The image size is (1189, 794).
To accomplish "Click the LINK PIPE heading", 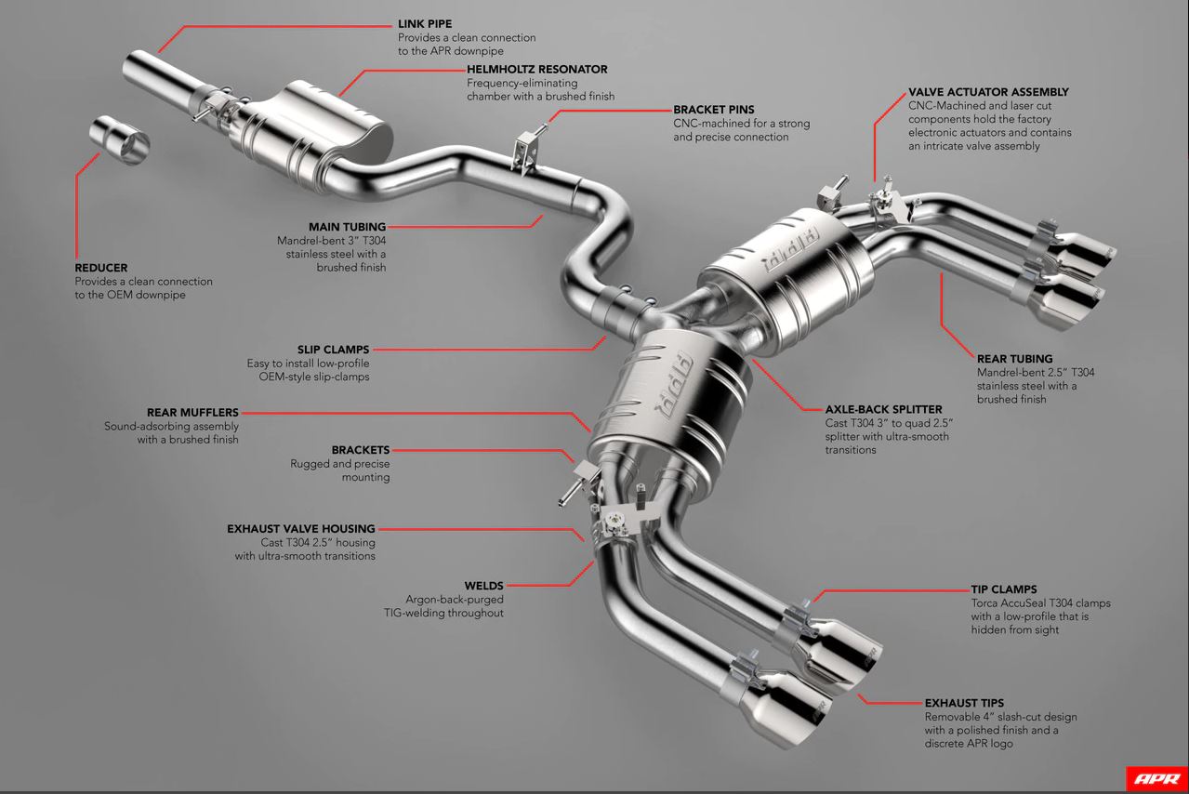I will pos(425,24).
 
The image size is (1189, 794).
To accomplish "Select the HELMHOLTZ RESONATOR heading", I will pos(536,69).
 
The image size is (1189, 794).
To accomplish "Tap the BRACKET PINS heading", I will pos(714,110).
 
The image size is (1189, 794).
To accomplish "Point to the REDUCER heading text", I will pos(101,268).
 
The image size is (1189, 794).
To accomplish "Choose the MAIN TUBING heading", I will pos(347,227).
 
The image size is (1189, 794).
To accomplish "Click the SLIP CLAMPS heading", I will pos(333,350).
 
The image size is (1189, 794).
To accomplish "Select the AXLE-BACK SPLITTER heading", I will pos(883,409).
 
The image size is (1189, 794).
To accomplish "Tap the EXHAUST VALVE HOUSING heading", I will pos(301,529).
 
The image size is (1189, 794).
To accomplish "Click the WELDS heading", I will pos(484,586).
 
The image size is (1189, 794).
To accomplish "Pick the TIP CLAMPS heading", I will pos(1004,589).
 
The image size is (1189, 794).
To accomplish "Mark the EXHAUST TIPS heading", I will pos(964,703).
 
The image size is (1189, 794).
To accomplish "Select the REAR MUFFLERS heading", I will pos(192,412).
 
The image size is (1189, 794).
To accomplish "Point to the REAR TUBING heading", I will pos(1014,358).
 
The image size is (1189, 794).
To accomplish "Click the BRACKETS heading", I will pos(361,450).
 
